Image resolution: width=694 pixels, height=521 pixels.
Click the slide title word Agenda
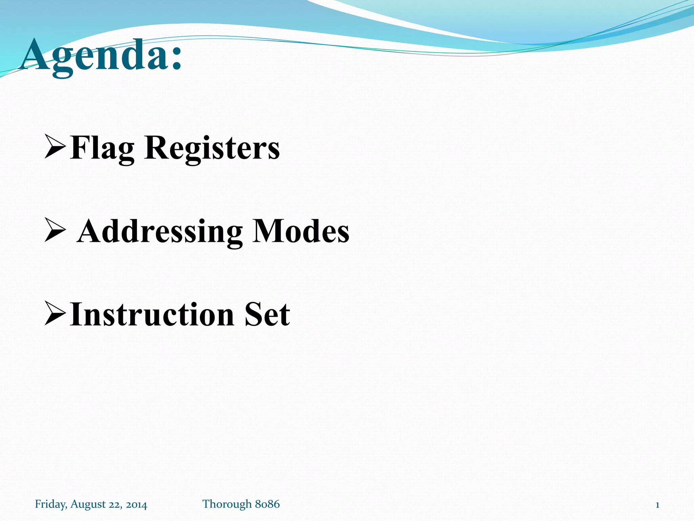[x=95, y=56]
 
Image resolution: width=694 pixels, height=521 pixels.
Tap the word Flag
[x=102, y=149]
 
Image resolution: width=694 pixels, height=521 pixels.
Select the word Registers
[x=212, y=149]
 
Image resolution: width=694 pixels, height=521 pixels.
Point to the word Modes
[x=301, y=231]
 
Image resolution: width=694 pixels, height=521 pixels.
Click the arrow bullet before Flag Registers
[x=55, y=146]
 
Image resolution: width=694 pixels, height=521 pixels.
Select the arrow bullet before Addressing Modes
[x=55, y=230]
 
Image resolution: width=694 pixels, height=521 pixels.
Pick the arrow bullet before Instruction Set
[x=55, y=313]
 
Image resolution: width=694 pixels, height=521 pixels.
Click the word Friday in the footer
[x=50, y=504]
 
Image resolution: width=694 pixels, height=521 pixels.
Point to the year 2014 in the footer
[x=136, y=505]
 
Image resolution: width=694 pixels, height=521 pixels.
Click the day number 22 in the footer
[x=115, y=505]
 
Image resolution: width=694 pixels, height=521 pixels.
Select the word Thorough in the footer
[x=227, y=504]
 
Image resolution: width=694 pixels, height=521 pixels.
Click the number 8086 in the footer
[x=267, y=504]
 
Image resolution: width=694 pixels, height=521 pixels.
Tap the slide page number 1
[x=657, y=505]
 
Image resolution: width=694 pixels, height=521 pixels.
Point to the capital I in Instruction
[x=76, y=314]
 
